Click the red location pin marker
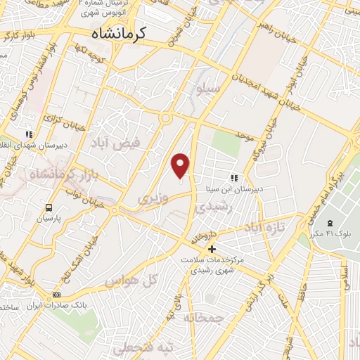click(181, 165)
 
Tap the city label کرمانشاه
click(118, 34)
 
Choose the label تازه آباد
click(265, 229)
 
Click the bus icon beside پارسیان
click(49, 207)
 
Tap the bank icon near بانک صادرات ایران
click(57, 295)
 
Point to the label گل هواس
click(130, 282)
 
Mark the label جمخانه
click(204, 318)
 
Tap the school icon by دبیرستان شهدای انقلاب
click(29, 134)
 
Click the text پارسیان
click(49, 219)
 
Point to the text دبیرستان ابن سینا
click(257, 188)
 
